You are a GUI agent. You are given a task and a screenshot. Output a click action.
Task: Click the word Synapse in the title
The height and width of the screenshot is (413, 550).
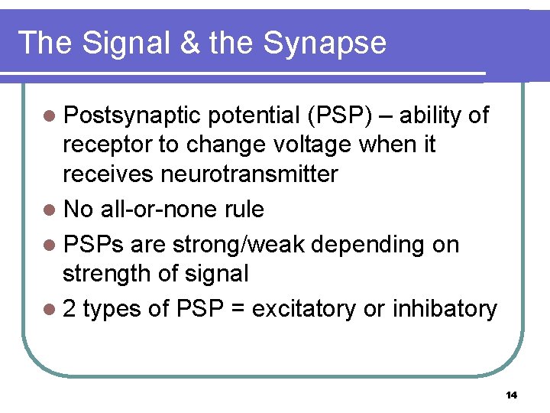pos(325,44)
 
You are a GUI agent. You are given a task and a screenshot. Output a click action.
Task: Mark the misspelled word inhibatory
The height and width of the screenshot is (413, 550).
pos(445,309)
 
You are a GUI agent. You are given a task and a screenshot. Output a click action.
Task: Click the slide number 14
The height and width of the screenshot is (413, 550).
pos(511,395)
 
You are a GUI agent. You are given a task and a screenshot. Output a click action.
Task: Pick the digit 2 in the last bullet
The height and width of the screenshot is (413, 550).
pos(70,309)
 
